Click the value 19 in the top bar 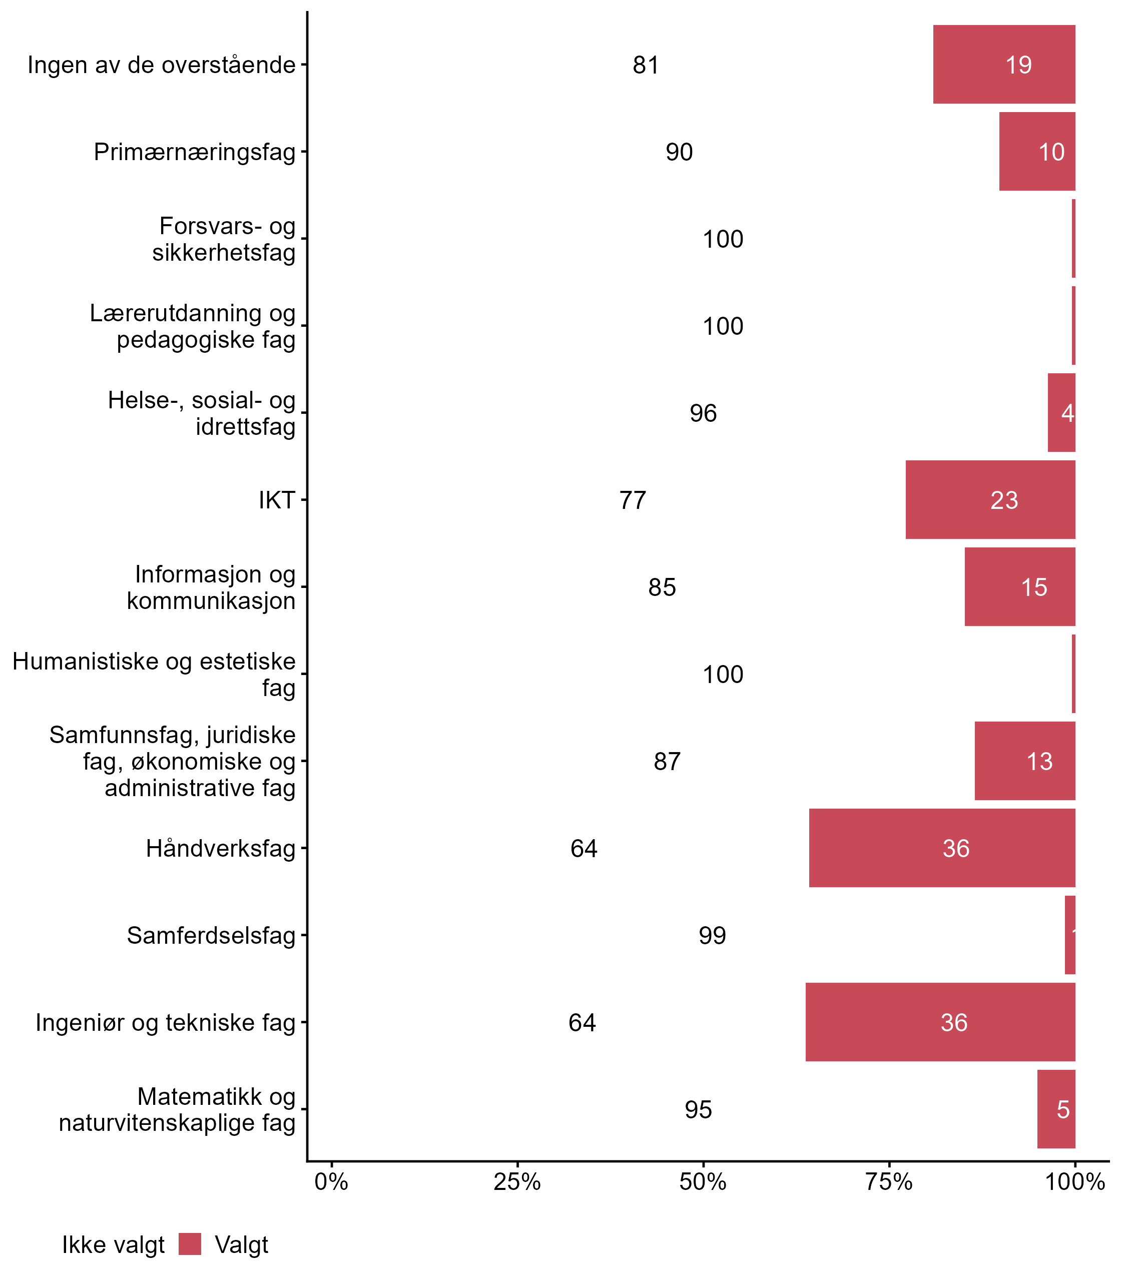click(x=1018, y=65)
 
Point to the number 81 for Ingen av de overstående click(x=646, y=65)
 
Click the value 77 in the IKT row click(x=633, y=500)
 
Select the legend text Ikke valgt click(x=113, y=1245)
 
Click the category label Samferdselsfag click(x=211, y=936)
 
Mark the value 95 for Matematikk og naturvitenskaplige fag click(x=698, y=1110)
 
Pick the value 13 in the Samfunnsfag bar click(x=1039, y=761)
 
